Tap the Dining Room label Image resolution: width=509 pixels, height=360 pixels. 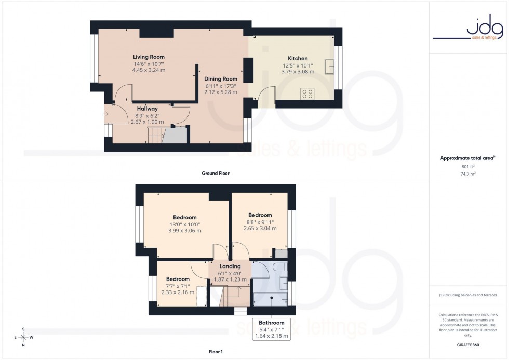tap(221, 79)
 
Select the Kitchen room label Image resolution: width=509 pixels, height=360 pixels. tap(298, 58)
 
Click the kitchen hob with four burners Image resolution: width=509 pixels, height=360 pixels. tap(307, 94)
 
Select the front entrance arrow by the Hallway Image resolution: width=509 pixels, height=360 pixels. tap(106, 114)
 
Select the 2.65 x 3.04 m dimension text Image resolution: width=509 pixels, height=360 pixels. tap(260, 228)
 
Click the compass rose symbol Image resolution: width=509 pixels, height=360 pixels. tap(23, 337)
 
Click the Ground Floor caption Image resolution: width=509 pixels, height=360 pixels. tap(215, 173)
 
